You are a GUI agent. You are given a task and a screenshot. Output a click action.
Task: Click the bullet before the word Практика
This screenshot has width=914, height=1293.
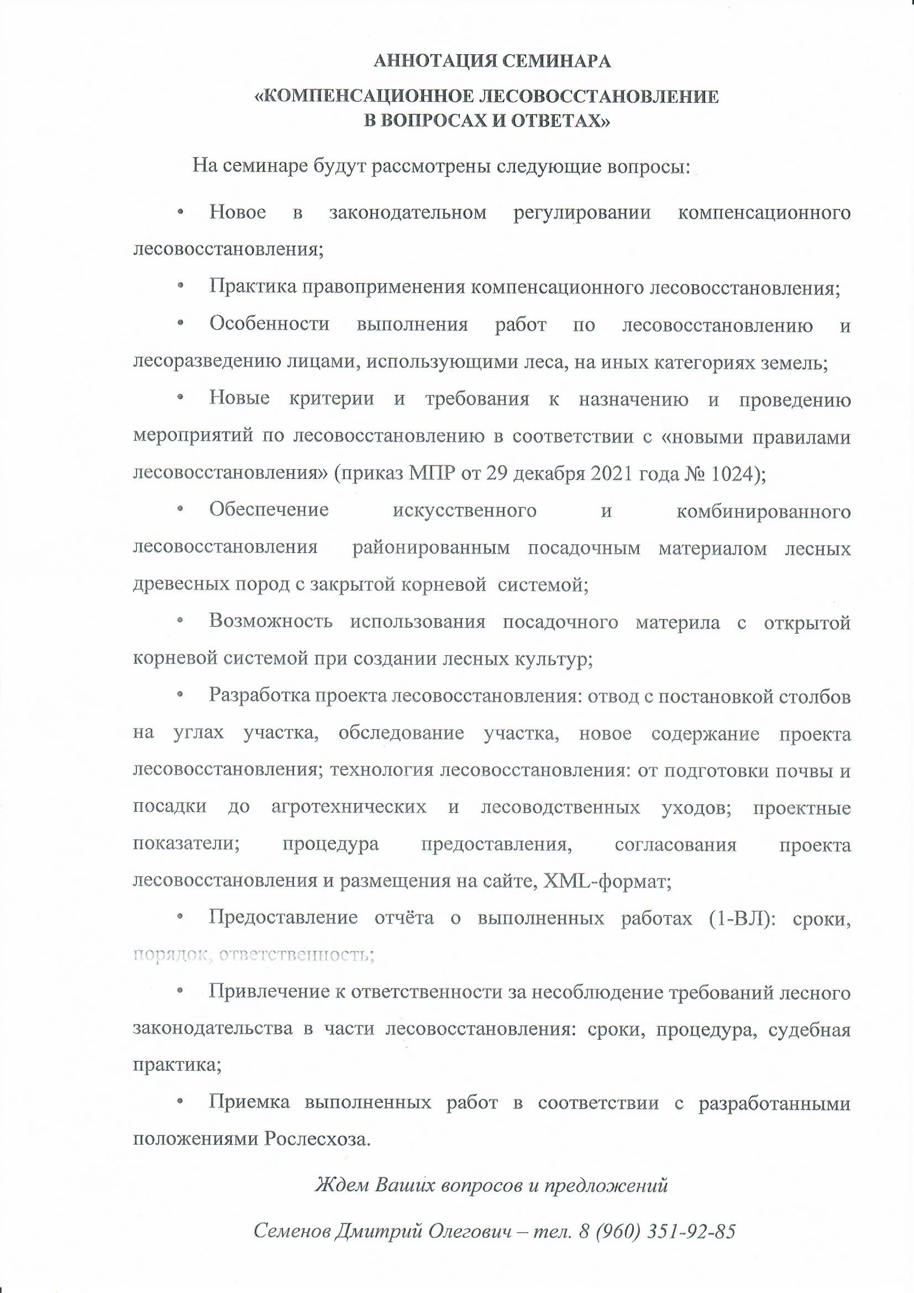[x=181, y=288]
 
